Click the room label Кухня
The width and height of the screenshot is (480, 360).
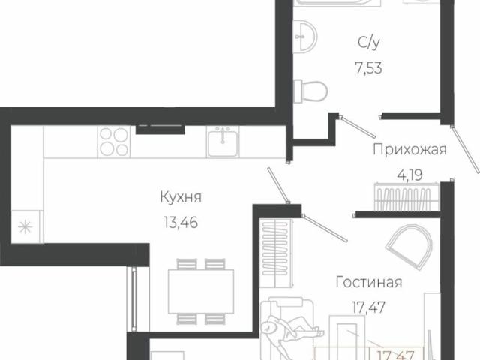coord(181,197)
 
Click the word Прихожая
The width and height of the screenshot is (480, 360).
coord(409,149)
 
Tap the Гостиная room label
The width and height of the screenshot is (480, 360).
coord(368,283)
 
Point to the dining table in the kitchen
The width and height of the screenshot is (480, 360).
coord(195,285)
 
